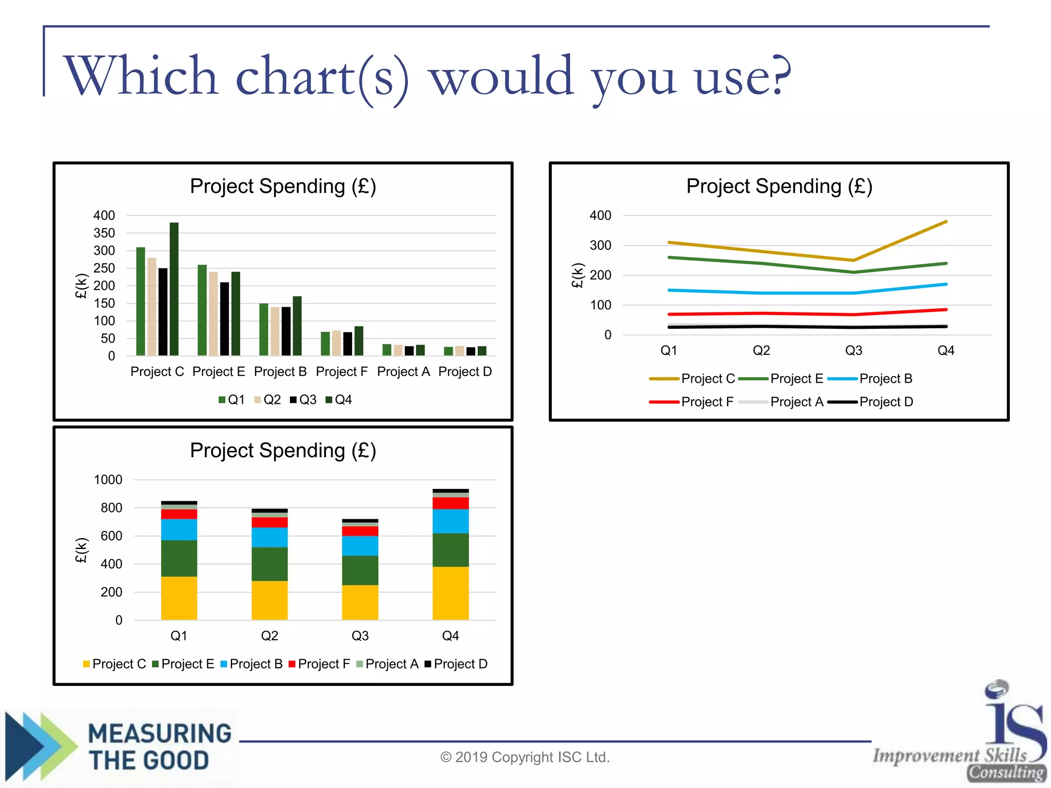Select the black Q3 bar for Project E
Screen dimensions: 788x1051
pyautogui.click(x=224, y=319)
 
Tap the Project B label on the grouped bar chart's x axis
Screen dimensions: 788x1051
pyautogui.click(x=280, y=371)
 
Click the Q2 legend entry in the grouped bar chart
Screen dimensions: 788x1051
pyautogui.click(x=267, y=400)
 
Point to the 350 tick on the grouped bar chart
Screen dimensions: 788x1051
pyautogui.click(x=104, y=233)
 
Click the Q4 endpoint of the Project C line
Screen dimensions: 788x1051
pyautogui.click(x=946, y=222)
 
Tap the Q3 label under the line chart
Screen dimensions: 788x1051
pyautogui.click(x=853, y=350)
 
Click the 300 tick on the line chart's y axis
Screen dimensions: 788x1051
pyautogui.click(x=600, y=245)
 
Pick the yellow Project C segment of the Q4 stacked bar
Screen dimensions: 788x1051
pyautogui.click(x=451, y=593)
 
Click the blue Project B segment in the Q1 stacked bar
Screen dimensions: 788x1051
pyautogui.click(x=179, y=529)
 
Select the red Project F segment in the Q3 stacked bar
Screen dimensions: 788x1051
pyautogui.click(x=360, y=531)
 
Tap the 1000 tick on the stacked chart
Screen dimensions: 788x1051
pyautogui.click(x=108, y=480)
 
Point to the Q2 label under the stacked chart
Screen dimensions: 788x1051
pyautogui.click(x=269, y=636)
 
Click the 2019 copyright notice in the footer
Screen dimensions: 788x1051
pyautogui.click(x=524, y=757)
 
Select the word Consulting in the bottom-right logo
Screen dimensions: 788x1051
pyautogui.click(x=1006, y=772)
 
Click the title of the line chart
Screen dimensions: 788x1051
pyautogui.click(x=779, y=186)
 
